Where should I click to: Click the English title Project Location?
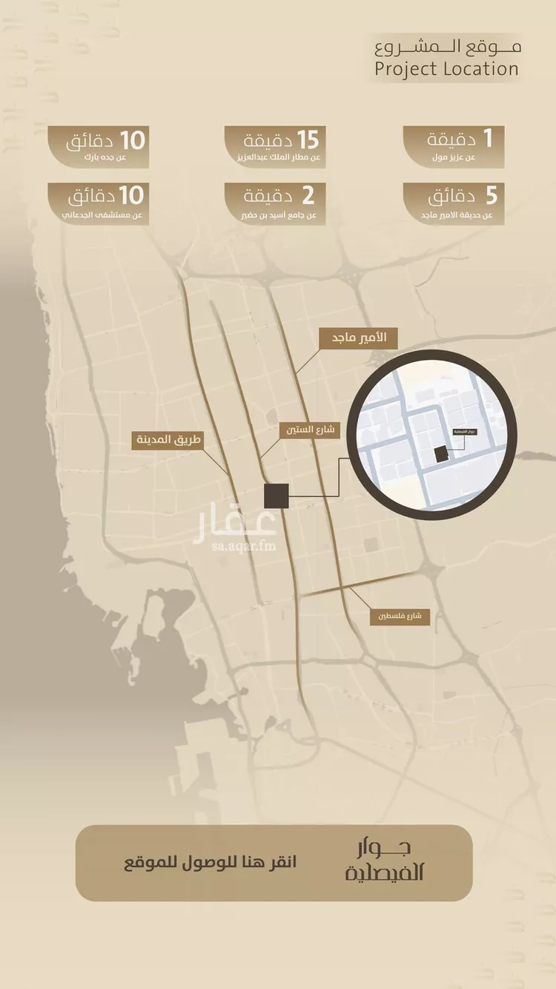tap(446, 70)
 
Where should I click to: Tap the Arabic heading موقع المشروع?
tap(448, 47)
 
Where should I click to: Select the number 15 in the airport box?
tap(307, 139)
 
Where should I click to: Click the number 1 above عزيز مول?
tap(487, 138)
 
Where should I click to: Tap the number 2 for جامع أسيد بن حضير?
tap(308, 197)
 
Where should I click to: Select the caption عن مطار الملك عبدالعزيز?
tap(275, 158)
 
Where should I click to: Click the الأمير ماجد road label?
tap(358, 338)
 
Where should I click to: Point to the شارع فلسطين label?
tap(400, 616)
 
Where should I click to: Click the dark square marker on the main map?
tap(277, 496)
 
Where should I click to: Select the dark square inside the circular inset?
tap(441, 454)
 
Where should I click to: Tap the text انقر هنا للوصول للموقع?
tap(210, 863)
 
